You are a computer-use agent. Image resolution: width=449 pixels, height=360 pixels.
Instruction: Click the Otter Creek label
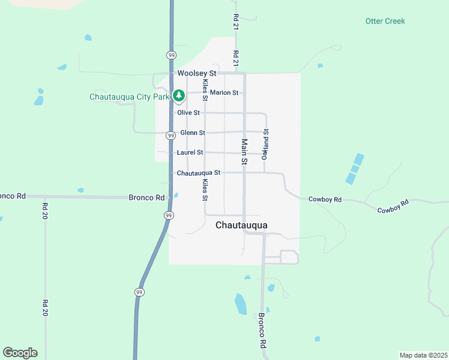pos(385,21)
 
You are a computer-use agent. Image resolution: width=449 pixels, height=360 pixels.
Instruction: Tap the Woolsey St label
pos(196,73)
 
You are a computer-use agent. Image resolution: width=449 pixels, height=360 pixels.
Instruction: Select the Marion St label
pos(224,92)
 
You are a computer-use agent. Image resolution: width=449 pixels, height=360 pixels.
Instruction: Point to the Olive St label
pos(188,112)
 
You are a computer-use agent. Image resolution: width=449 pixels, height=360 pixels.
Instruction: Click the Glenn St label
pos(193,133)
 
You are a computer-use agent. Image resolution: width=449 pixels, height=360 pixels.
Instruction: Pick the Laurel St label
pos(190,152)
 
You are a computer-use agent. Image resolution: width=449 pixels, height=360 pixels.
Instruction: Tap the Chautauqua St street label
pos(199,173)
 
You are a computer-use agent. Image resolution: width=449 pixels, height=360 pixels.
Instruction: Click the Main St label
pos(244,152)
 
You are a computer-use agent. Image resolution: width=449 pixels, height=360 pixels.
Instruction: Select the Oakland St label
pos(265,144)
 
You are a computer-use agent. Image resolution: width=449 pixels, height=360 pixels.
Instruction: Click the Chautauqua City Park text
pos(129,97)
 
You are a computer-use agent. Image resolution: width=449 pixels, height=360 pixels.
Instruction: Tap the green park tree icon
pos(178,95)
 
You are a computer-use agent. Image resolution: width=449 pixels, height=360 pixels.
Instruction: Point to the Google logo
pos(20,353)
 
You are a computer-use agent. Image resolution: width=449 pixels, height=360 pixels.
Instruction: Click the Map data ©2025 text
pos(423,355)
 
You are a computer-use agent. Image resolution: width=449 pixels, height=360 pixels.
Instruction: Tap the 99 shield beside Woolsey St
pos(171,55)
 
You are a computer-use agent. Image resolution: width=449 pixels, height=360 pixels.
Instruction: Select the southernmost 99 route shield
pos(139,292)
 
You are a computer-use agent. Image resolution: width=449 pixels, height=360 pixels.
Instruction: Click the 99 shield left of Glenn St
pos(171,136)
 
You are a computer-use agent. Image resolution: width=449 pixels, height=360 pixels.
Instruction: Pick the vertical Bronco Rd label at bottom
pos(262,331)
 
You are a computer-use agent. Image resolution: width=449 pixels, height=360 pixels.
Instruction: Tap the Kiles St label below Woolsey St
pos(205,88)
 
